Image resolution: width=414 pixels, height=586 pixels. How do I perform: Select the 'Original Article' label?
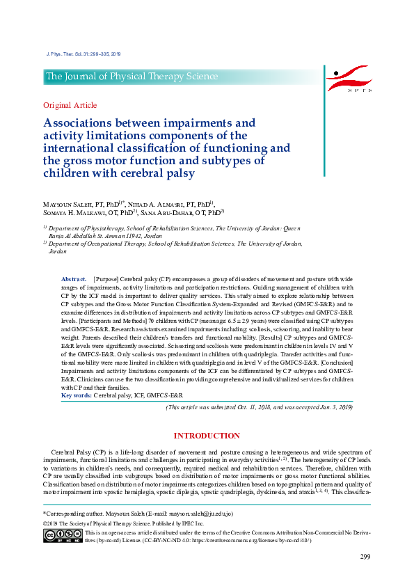click(x=70, y=106)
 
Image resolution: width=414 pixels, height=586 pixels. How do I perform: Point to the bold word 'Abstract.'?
click(x=74, y=278)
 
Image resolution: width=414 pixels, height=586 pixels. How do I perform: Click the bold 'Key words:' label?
click(x=77, y=395)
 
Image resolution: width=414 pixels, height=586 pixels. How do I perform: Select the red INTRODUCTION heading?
click(x=207, y=436)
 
